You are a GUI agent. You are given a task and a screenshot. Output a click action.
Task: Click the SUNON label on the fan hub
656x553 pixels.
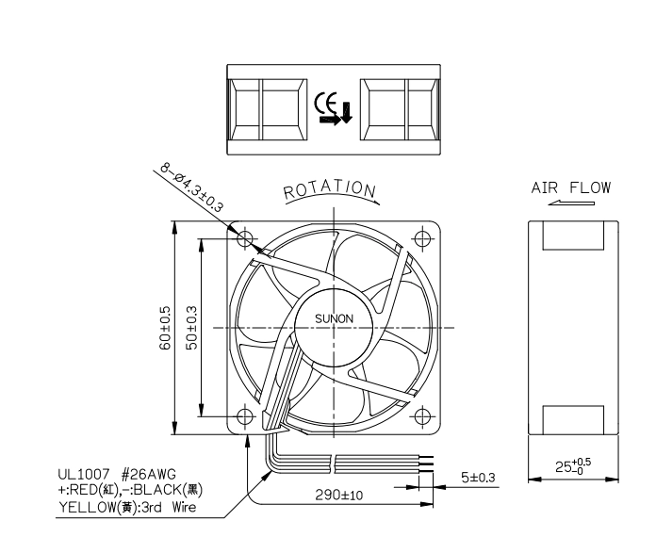click(x=334, y=318)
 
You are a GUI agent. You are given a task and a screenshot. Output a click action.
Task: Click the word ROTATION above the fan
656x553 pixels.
click(x=330, y=190)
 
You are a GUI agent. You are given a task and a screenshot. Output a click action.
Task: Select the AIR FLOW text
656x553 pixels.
click(x=570, y=187)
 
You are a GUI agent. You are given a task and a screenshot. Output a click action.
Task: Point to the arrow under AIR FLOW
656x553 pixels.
click(x=571, y=203)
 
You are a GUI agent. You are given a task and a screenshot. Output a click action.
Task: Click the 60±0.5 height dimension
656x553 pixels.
click(x=165, y=328)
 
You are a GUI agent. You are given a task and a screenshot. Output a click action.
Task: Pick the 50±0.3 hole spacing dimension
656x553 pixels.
click(x=191, y=328)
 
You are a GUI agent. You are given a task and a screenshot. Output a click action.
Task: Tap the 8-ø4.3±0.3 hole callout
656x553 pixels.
click(x=191, y=187)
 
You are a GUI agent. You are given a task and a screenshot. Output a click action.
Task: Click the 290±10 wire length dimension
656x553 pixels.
click(x=339, y=496)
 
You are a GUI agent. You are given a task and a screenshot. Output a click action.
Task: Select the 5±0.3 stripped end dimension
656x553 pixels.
click(x=478, y=478)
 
